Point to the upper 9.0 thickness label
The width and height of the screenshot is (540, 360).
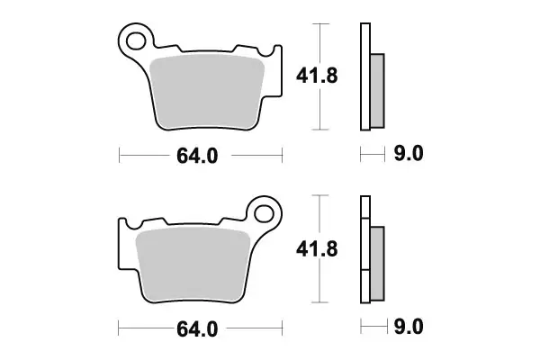[x=409, y=154]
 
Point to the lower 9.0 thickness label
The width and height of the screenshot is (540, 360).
[x=409, y=327]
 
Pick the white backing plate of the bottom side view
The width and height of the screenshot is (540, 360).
[x=365, y=252]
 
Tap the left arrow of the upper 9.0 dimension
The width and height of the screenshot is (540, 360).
[x=362, y=154]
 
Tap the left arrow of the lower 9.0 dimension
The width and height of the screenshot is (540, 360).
[x=362, y=327]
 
